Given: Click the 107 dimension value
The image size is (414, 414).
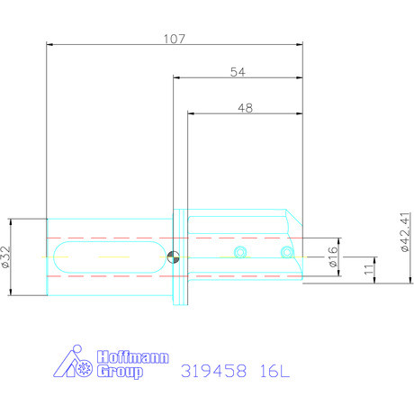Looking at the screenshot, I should point(174,40).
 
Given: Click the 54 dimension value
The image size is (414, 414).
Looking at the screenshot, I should point(238,72).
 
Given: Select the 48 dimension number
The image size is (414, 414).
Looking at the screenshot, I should point(244,106).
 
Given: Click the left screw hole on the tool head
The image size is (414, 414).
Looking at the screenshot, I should point(239,251).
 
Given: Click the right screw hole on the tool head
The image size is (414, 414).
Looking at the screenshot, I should point(286,251).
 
